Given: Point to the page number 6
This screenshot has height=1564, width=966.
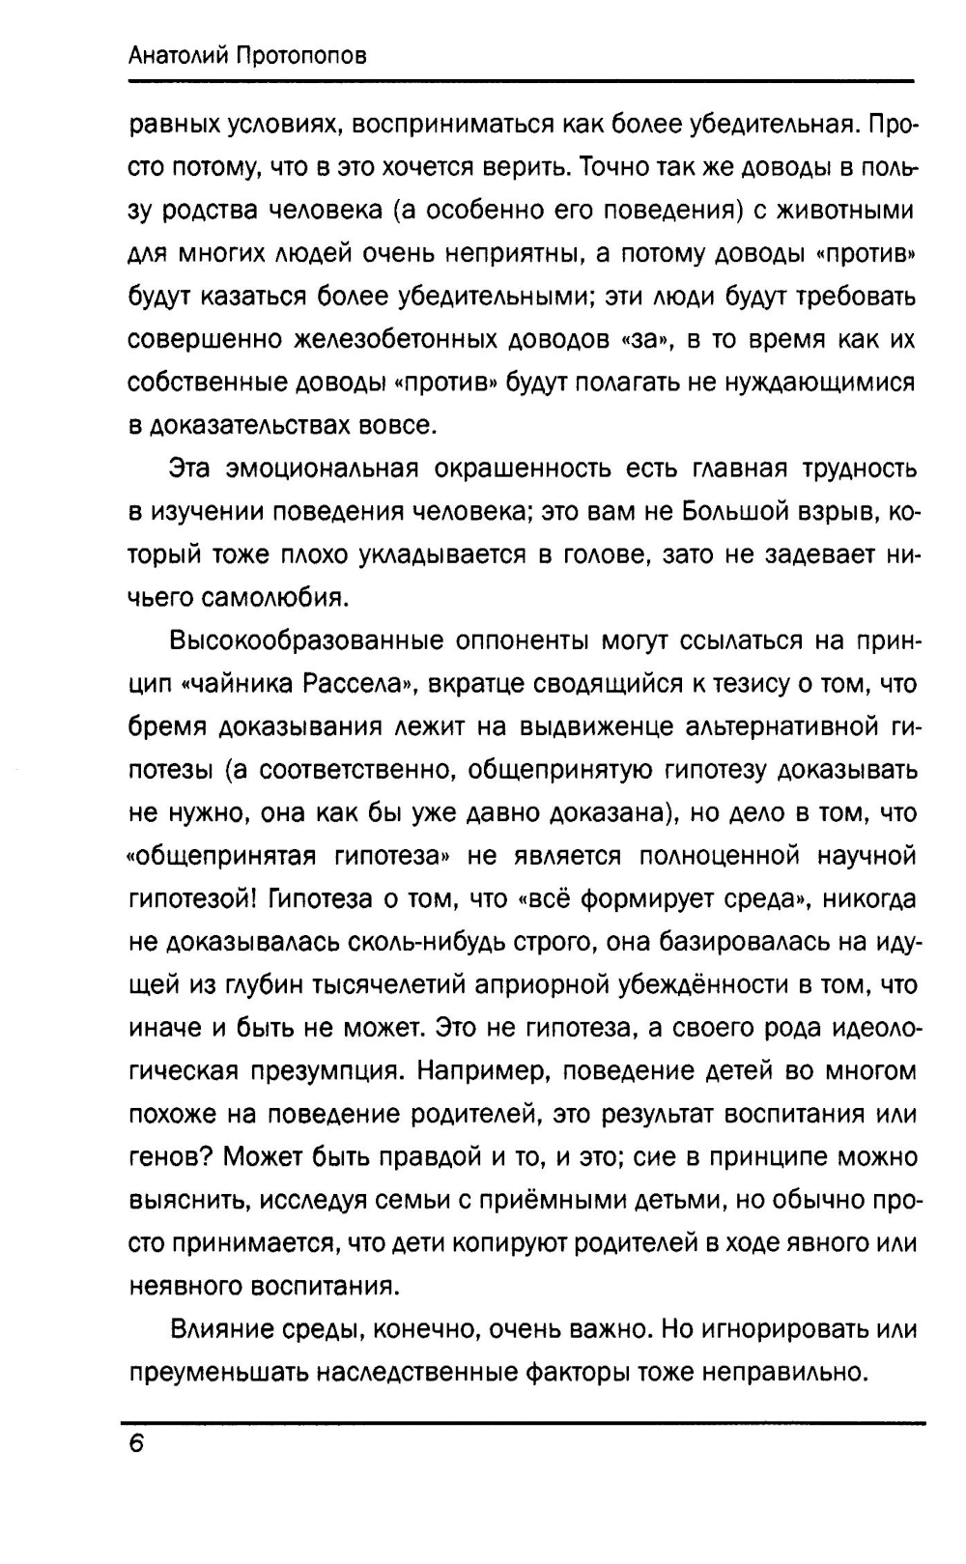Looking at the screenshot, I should click(x=135, y=1443).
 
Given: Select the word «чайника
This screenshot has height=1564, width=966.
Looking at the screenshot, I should click(x=239, y=685).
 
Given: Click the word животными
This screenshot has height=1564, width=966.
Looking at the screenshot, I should click(x=839, y=211).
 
